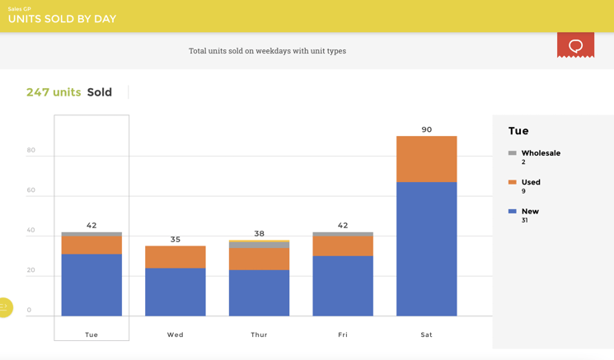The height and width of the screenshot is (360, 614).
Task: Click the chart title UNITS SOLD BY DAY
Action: pos(62,19)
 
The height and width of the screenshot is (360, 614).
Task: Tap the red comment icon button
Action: pos(575,45)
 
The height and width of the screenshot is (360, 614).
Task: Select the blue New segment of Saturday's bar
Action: pos(426,249)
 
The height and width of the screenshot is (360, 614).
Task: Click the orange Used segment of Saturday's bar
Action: pos(426,159)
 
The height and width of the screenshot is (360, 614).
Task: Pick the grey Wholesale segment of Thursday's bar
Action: pos(259,245)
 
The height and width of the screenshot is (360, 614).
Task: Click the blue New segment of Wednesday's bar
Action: pos(175,292)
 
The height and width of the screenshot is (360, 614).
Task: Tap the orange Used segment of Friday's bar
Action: pos(343,246)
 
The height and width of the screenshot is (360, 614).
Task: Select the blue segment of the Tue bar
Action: pos(91,284)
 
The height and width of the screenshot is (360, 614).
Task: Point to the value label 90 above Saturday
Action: pos(426,129)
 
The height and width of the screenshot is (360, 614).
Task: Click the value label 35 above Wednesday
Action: pos(175,240)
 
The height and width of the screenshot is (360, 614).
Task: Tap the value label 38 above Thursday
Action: pos(259,234)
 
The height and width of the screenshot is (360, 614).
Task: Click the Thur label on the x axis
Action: pos(259,334)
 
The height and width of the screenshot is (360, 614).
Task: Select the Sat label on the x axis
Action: pos(426,334)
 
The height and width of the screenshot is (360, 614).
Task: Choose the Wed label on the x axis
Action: pos(175,334)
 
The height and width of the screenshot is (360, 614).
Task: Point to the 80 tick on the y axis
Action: pos(30,150)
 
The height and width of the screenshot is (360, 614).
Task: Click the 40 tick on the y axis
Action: pos(30,230)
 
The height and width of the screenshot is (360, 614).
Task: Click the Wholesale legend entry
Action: pos(540,153)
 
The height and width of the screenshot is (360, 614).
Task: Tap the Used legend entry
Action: pos(531,182)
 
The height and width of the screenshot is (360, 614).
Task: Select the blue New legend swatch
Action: pos(513,212)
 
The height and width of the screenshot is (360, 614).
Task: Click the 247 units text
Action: pos(54,92)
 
